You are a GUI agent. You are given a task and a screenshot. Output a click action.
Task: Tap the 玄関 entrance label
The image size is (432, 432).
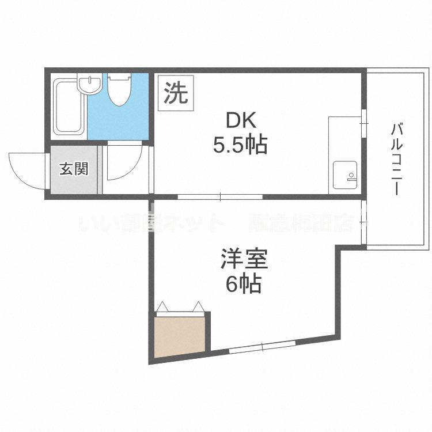74,169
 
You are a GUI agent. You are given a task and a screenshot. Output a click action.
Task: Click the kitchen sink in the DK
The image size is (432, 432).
345,175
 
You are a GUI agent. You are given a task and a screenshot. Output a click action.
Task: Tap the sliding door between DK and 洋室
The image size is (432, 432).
221,197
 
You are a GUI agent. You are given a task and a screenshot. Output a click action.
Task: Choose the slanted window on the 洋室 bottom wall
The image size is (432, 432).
262,346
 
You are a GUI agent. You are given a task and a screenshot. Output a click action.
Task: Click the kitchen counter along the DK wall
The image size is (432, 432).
344,154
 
